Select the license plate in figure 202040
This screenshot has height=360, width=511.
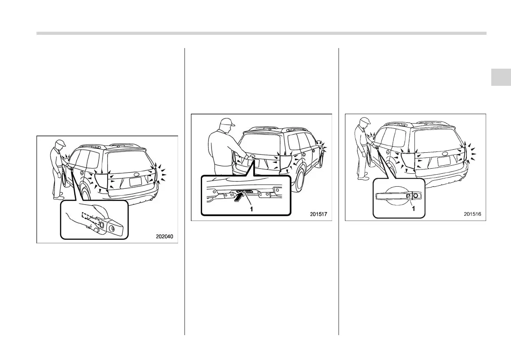pyautogui.click(x=136, y=181)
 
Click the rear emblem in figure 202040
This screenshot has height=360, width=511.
pyautogui.click(x=136, y=175)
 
